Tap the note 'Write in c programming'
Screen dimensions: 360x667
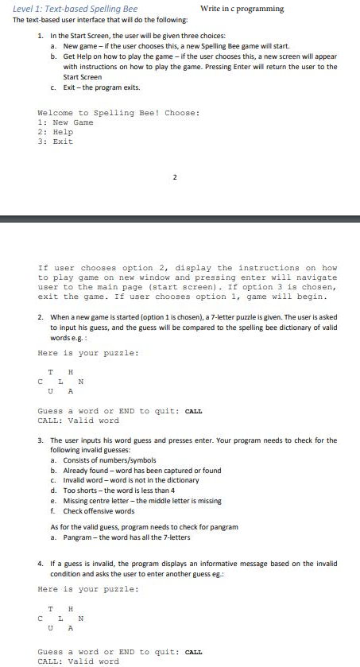point(242,9)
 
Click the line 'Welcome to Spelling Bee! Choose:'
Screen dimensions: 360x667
point(118,113)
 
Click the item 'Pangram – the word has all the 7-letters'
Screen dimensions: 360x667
point(139,537)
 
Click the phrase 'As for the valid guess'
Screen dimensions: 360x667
point(87,527)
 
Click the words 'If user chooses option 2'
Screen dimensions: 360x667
point(95,268)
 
